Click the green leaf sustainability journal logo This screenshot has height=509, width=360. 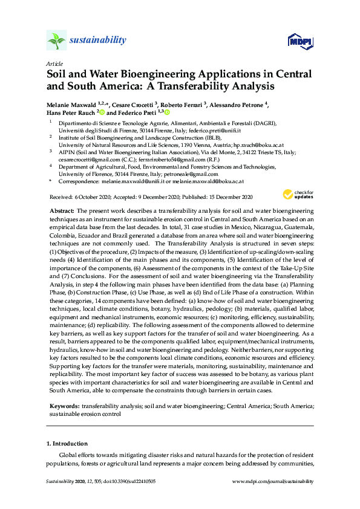coord(56,41)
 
